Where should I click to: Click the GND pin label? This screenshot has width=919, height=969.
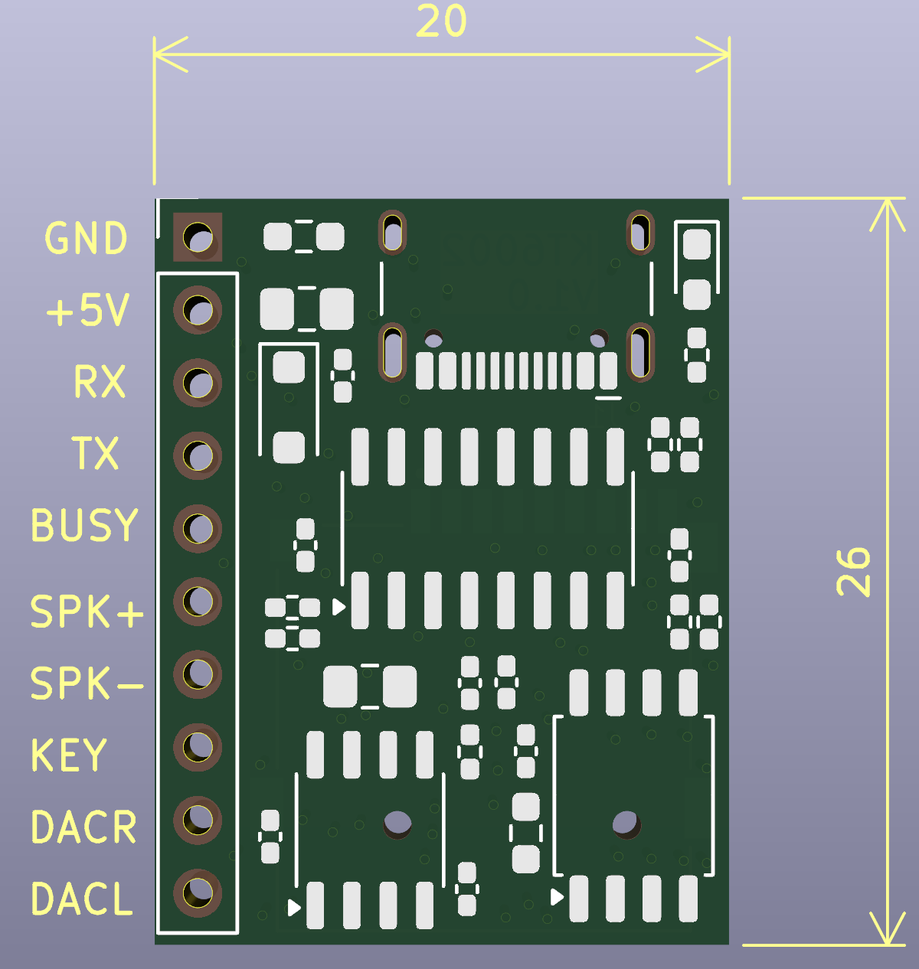pyautogui.click(x=86, y=239)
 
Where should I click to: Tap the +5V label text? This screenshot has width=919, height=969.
pyautogui.click(x=87, y=311)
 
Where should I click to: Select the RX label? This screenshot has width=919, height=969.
pyautogui.click(x=100, y=382)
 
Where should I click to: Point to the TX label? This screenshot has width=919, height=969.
pyautogui.click(x=96, y=453)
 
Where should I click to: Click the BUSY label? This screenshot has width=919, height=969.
pyautogui.click(x=84, y=526)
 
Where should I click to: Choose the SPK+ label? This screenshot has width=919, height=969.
pyautogui.click(x=87, y=612)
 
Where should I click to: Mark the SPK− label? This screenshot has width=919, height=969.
pyautogui.click(x=87, y=684)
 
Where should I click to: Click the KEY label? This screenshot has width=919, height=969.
pyautogui.click(x=68, y=755)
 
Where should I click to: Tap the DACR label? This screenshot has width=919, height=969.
pyautogui.click(x=83, y=827)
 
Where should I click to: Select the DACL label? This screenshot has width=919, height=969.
pyautogui.click(x=82, y=899)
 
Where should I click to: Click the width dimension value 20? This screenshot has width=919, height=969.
pyautogui.click(x=441, y=22)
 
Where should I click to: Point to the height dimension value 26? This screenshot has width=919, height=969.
pyautogui.click(x=854, y=572)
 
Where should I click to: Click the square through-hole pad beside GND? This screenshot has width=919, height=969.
pyautogui.click(x=198, y=237)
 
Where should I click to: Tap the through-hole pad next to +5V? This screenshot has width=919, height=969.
pyautogui.click(x=198, y=310)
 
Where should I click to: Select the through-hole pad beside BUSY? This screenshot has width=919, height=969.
pyautogui.click(x=198, y=528)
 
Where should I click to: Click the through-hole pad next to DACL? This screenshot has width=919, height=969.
pyautogui.click(x=198, y=892)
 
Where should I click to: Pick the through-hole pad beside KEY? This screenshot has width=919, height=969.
pyautogui.click(x=198, y=747)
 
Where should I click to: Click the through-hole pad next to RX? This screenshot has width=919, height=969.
pyautogui.click(x=198, y=383)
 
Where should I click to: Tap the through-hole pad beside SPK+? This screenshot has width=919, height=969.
pyautogui.click(x=198, y=601)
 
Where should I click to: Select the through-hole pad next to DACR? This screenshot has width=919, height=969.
pyautogui.click(x=198, y=820)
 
